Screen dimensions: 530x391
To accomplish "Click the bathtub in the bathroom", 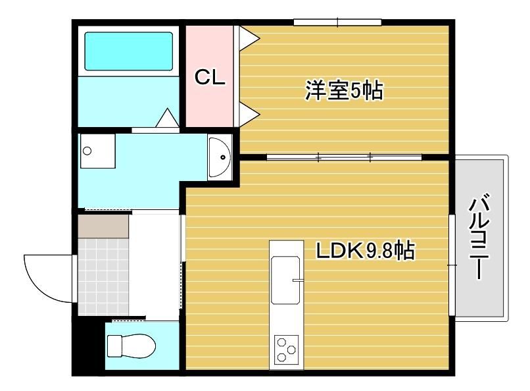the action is coord(128,51).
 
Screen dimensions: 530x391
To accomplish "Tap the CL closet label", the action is coord(210,78).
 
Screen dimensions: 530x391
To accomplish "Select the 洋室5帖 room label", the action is coord(344,90).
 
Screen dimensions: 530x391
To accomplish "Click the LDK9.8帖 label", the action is coord(365,251).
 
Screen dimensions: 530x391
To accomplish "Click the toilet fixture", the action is coord(131,346).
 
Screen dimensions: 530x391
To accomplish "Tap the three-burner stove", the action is coord(286,350).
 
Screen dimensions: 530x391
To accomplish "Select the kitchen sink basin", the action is coord(286,280).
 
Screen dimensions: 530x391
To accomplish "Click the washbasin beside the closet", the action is coord(220,157).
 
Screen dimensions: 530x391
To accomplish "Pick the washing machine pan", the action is coord(98,151).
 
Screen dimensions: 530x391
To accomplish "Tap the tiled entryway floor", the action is coord(103,276).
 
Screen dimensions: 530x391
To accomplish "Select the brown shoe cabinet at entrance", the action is coord(103,226).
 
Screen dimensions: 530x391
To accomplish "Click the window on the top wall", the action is coord(337,22).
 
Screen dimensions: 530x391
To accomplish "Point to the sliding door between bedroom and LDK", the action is coord(344,157).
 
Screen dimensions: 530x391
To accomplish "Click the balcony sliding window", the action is coord(452,265).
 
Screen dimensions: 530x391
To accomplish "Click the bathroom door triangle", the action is coord(167,118).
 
